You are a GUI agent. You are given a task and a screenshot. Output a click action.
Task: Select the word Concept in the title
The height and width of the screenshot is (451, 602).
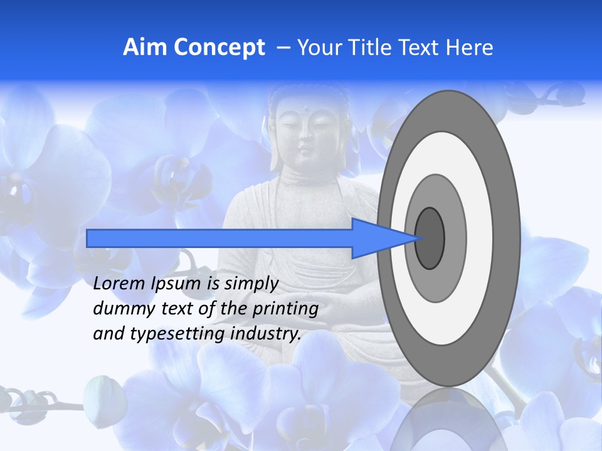219,48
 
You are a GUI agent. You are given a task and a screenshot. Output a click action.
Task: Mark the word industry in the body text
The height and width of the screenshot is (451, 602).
266,334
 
